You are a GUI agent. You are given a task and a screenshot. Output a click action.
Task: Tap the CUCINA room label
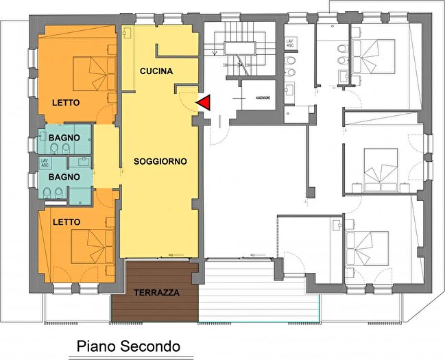coord(156,71)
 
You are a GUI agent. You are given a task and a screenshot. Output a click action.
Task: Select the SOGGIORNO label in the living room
coord(160,162)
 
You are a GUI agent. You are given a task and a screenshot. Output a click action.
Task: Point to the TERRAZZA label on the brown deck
coord(156,292)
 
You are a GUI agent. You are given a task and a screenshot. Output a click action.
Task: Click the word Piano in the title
coord(95,346)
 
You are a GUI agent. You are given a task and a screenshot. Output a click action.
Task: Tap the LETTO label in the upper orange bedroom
coord(66,103)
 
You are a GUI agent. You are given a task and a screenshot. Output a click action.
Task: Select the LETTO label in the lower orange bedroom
coord(66,222)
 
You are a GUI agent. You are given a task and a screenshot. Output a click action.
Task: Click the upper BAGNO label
coord(64,138)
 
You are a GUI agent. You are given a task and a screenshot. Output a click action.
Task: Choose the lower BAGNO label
coord(64,176)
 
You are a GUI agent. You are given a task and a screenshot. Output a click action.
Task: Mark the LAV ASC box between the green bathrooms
coord(45,163)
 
